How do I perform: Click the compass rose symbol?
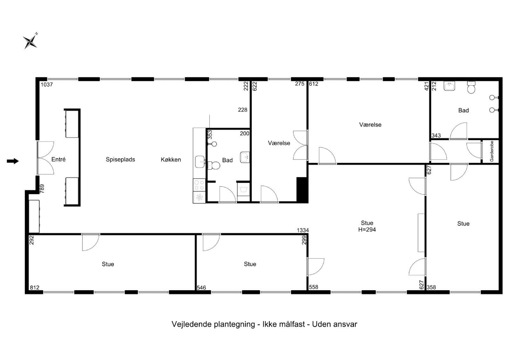pos(30,41)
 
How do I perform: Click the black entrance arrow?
pos(13,161)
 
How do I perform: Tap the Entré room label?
pos(59,159)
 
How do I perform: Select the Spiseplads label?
pos(120,159)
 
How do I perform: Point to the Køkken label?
pos(171,160)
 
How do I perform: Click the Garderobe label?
pos(492,151)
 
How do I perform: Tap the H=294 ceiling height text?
pos(367,229)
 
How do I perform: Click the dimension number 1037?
pos(46,84)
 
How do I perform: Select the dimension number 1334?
pos(303,230)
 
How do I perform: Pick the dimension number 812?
pos(34,287)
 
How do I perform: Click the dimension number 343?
pos(436,136)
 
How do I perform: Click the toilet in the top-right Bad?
pos(471,88)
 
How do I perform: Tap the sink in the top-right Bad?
pos(450,86)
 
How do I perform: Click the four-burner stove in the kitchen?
pos(199,185)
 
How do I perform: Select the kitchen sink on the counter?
pos(199,162)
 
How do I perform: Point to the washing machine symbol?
pos(243,190)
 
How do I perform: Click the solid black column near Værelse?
pos(302,190)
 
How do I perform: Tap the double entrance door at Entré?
pos(45,158)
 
